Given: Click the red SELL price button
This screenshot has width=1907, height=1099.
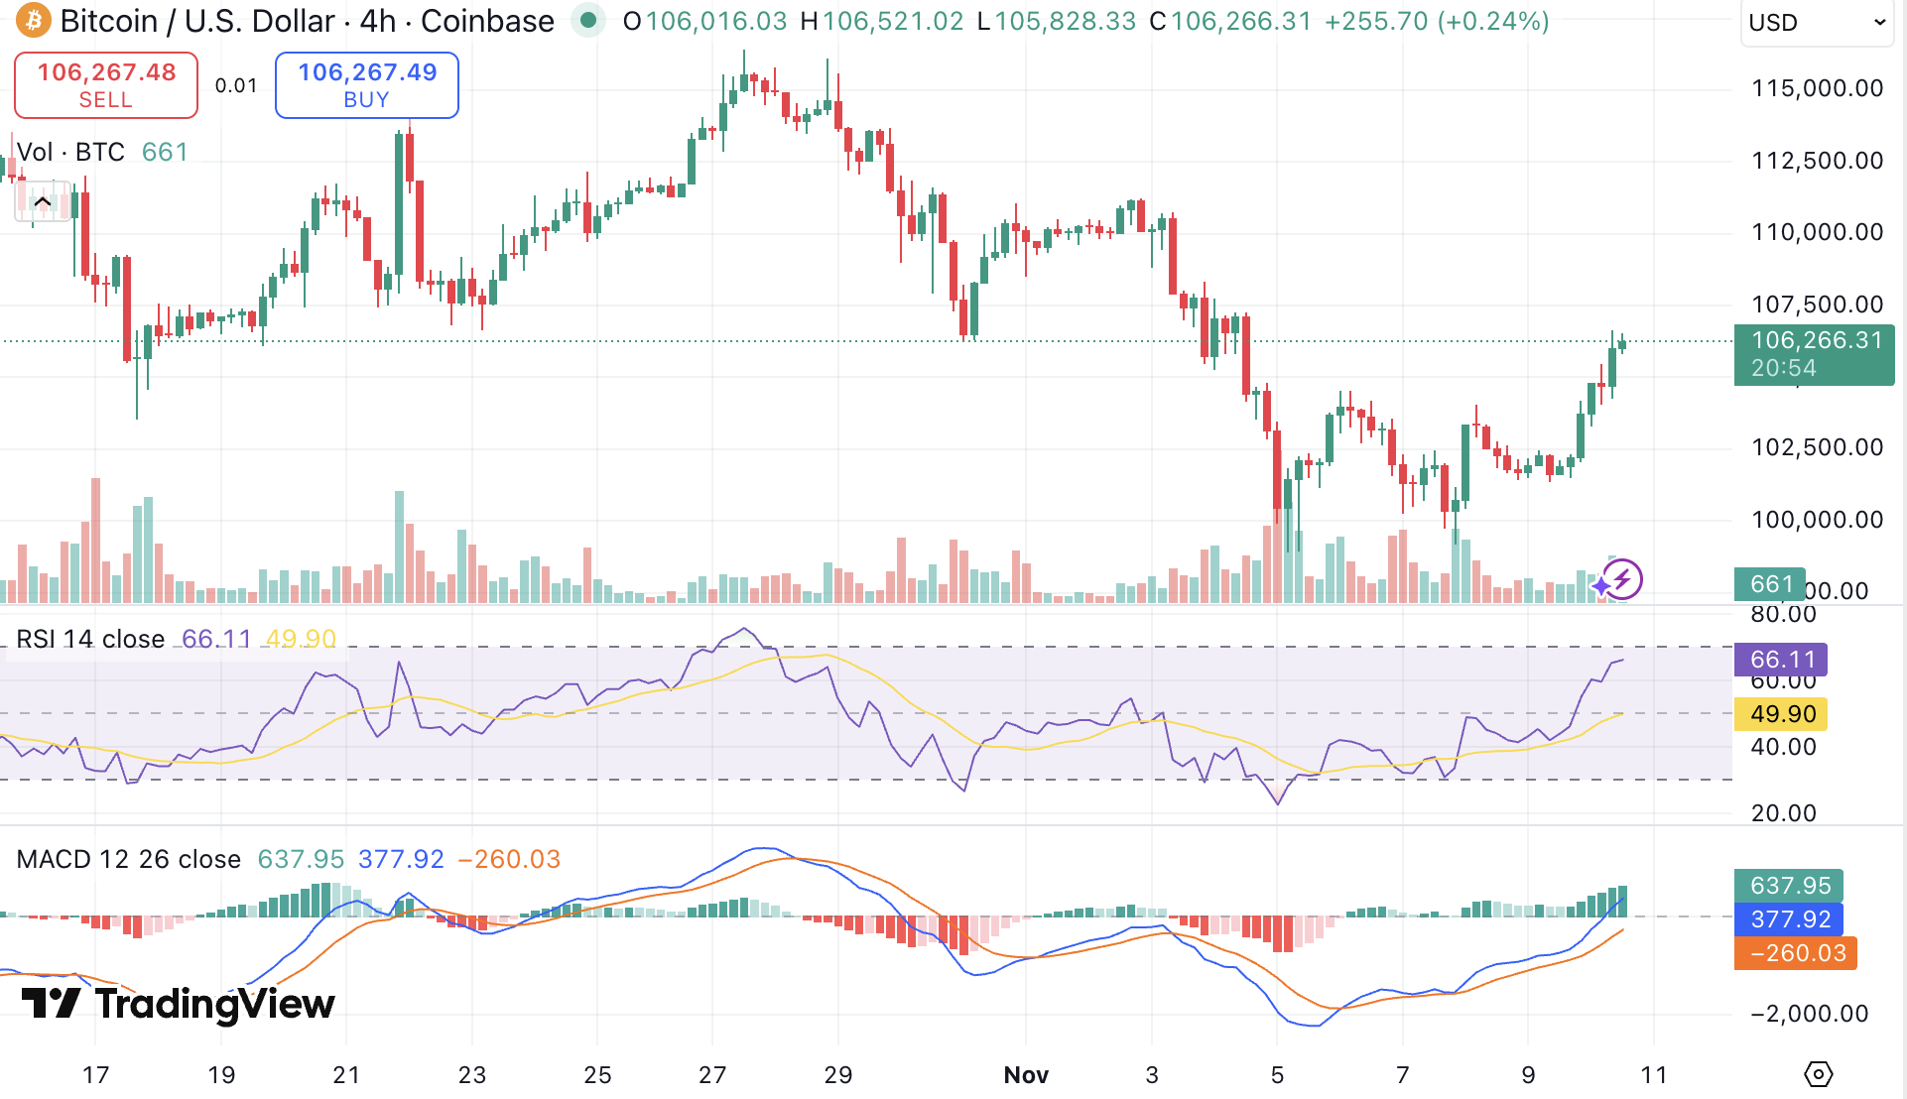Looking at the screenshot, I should tap(106, 85).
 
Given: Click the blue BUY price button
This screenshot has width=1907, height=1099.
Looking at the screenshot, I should tap(366, 85).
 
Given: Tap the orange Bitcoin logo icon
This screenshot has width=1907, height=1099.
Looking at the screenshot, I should tap(33, 21).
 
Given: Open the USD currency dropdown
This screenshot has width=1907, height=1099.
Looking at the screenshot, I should tap(1816, 23).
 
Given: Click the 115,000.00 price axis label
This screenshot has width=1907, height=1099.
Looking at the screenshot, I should tap(1817, 88).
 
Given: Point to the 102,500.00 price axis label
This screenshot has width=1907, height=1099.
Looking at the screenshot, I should tap(1817, 447).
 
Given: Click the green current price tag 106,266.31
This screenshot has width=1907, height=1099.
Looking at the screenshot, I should tap(1814, 354).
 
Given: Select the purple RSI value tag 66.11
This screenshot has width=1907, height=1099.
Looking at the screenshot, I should tap(1781, 660).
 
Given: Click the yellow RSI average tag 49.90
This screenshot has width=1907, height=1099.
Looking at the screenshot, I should tap(1781, 714).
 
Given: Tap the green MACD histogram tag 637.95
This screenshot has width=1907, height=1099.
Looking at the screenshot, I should tap(1789, 886).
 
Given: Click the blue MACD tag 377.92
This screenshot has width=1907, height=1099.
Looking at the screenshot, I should tap(1789, 919).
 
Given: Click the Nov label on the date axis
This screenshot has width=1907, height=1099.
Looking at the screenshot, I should tap(1026, 1075).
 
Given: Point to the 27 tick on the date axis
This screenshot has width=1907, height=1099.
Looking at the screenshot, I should tap(712, 1075).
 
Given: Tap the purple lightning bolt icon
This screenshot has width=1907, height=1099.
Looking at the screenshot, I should tap(1622, 579).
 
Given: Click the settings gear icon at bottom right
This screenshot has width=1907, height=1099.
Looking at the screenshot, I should tap(1818, 1074).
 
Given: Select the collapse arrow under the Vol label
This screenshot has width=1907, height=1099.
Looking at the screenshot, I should tap(43, 202).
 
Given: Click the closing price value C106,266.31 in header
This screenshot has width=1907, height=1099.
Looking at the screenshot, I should tap(1230, 21).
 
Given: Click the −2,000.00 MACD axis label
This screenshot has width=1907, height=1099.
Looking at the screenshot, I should tap(1809, 1014).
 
